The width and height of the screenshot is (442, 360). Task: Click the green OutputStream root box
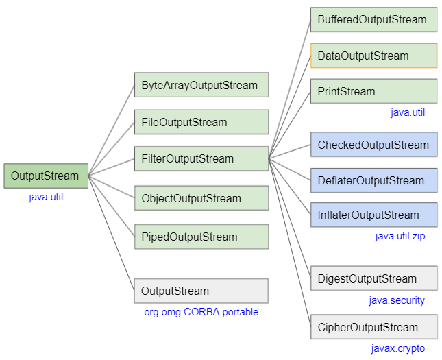coord(46,176)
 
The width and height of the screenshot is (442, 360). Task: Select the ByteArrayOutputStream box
coord(201,86)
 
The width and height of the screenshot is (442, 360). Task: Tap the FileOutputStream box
coord(201,122)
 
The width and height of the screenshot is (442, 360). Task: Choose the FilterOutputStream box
coord(201,158)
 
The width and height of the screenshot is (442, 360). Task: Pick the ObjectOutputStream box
coord(201,198)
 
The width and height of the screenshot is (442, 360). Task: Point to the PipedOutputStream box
coord(201,237)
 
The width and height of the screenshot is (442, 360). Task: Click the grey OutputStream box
coord(201,291)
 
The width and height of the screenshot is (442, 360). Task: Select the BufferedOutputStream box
coord(373,20)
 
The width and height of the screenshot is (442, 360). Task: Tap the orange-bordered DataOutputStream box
coord(373,56)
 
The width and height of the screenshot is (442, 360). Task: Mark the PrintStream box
coord(373,91)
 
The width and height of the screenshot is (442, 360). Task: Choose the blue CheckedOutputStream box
coord(373,145)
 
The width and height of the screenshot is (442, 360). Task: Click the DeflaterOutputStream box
coord(373,180)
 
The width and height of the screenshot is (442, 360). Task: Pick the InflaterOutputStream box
coord(373,215)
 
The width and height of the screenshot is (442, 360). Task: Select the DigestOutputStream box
coord(373,278)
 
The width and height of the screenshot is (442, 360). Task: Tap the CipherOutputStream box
coord(373,327)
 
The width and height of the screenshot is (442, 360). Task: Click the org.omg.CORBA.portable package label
coord(201,312)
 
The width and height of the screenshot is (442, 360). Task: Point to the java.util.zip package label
coord(400,237)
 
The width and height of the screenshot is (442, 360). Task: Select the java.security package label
coord(397,300)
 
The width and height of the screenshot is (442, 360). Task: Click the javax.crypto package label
coord(397,348)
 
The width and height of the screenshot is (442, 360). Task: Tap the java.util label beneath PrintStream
coord(408,112)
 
